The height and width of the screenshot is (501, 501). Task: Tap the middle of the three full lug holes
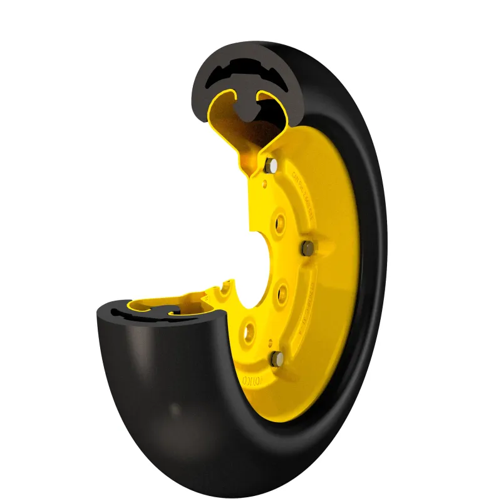[x=281, y=290]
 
